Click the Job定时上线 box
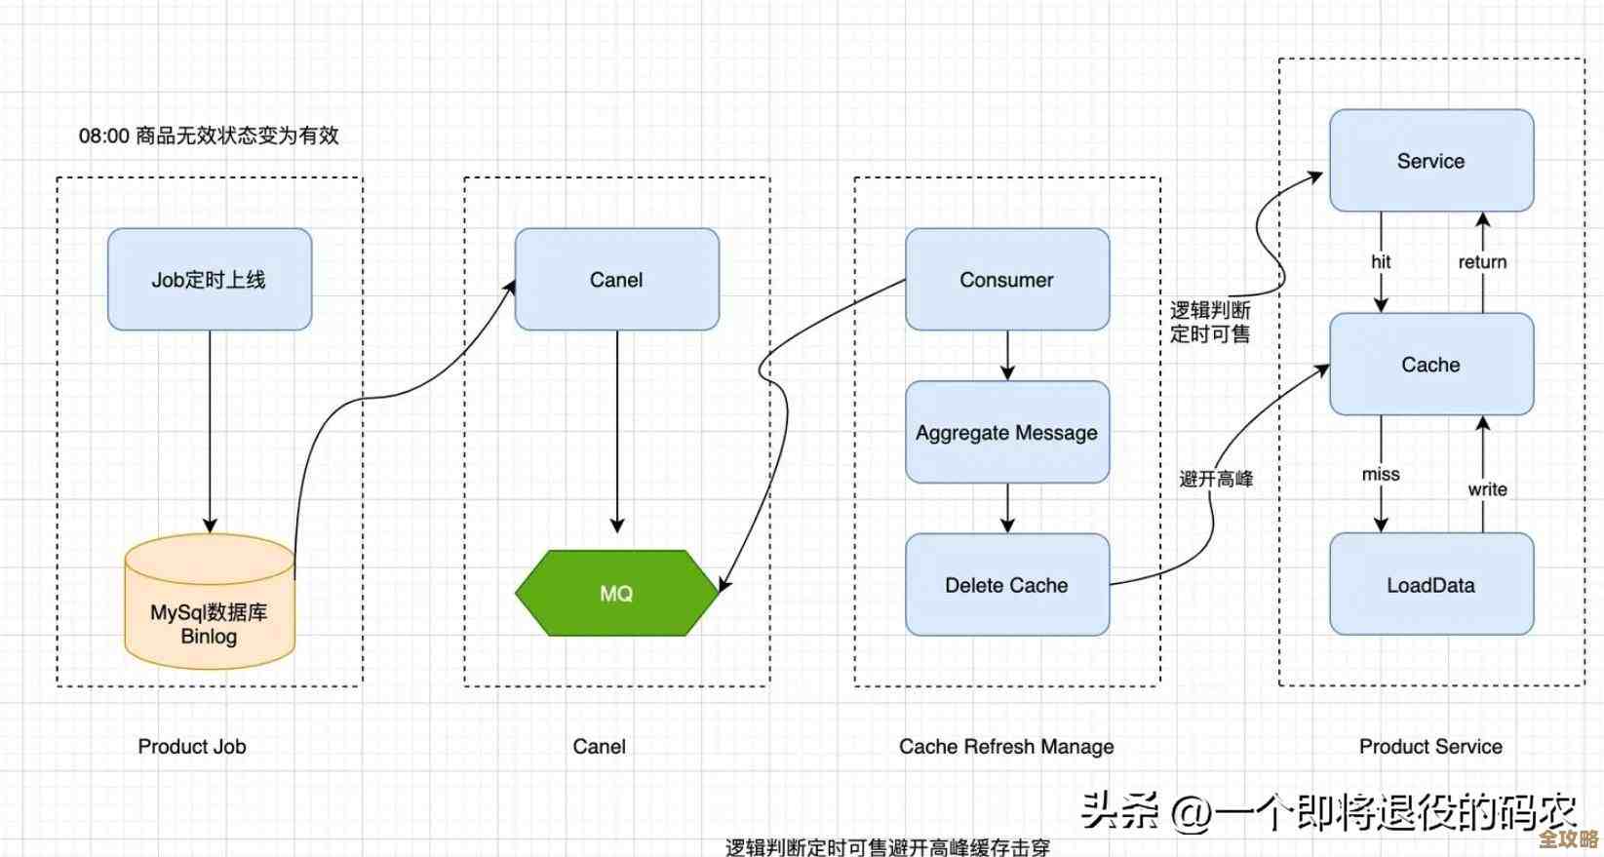[209, 280]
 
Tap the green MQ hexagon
[616, 594]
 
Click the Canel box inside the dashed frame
[616, 280]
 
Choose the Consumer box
[1006, 280]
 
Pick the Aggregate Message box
[1006, 433]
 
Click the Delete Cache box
[1006, 585]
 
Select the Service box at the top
[1430, 161]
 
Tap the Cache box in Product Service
[1430, 365]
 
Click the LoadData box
[1430, 585]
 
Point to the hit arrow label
[1381, 261]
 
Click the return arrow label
[1482, 261]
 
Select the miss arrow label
[1381, 474]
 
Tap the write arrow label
[1487, 489]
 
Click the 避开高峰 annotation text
[1216, 479]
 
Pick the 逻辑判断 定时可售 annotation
[1210, 322]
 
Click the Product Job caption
[192, 747]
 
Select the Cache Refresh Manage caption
[1006, 747]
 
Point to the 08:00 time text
[104, 136]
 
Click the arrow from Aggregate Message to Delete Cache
[1007, 508]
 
